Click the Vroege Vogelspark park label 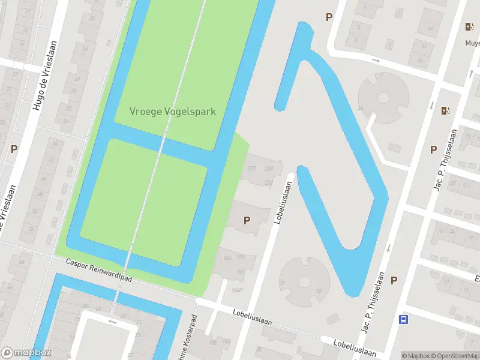[x=173, y=112]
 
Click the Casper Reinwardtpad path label [x=99, y=272]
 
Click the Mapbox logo [x=26, y=353]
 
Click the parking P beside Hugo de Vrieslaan [x=14, y=148]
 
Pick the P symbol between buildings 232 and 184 [x=247, y=220]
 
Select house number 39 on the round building [x=283, y=283]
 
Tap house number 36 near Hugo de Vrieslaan [x=55, y=143]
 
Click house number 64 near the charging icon [x=430, y=28]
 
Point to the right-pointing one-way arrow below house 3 [x=376, y=60]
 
